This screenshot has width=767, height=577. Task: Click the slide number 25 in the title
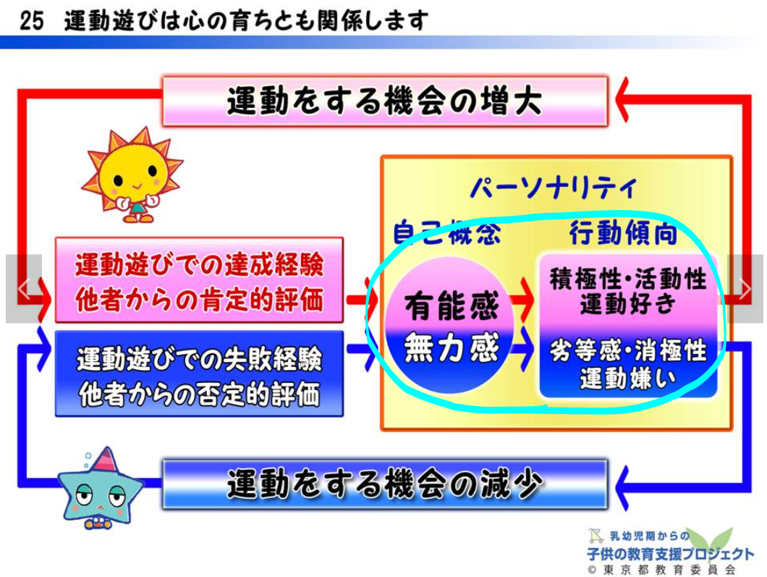click(32, 21)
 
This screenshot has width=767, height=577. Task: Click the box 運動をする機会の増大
click(385, 101)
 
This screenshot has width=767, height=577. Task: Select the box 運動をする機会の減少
click(385, 484)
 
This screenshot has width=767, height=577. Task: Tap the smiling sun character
click(132, 174)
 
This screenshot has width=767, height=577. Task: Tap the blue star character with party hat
click(101, 488)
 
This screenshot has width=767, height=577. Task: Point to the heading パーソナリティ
click(554, 188)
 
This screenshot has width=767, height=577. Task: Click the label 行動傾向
click(623, 233)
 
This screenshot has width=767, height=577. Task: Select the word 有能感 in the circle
click(451, 306)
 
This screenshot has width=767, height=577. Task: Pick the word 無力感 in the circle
click(451, 347)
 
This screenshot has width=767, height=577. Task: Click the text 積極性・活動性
click(628, 279)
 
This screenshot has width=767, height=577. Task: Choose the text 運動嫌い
click(628, 377)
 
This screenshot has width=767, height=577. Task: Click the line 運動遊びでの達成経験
click(199, 265)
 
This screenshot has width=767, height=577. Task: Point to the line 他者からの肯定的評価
click(199, 299)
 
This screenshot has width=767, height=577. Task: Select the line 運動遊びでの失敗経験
click(199, 359)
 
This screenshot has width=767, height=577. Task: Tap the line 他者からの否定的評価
click(199, 394)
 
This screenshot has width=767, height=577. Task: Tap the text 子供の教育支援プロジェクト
click(670, 554)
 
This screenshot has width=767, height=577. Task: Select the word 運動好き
click(628, 304)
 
